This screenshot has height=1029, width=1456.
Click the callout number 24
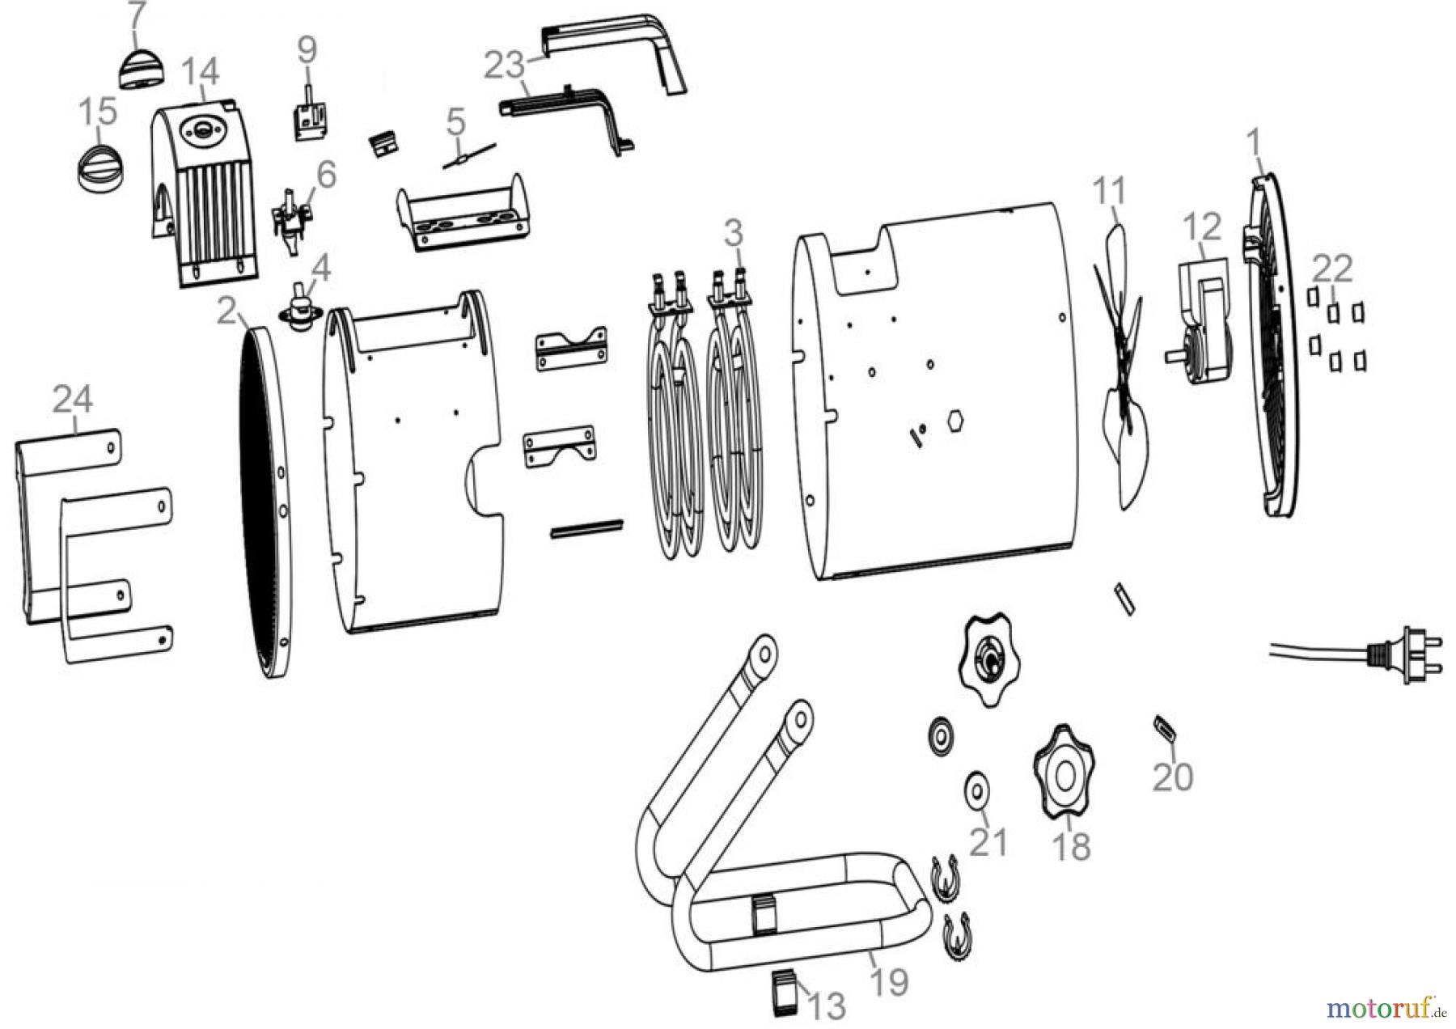[73, 400]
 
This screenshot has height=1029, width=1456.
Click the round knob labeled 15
[95, 167]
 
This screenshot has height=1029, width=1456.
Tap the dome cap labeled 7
[142, 67]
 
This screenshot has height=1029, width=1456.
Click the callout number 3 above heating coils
[733, 234]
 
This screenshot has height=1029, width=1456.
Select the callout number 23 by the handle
[505, 65]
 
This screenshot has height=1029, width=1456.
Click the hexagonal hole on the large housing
[955, 422]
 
